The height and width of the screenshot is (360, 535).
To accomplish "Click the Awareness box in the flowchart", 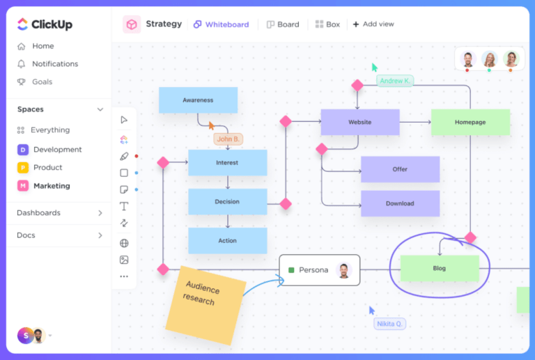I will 198,100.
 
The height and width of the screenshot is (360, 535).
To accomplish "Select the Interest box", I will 227,162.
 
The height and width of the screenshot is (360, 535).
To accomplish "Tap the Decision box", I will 227,201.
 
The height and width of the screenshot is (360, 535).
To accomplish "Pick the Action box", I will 227,240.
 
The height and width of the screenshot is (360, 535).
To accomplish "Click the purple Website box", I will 359,122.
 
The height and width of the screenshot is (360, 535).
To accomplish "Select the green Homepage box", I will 470,122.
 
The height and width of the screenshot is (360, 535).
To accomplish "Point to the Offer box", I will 400,169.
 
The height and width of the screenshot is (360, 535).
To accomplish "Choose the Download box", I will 400,203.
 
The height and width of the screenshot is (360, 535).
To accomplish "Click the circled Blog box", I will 440,268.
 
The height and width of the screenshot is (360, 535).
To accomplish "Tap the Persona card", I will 319,270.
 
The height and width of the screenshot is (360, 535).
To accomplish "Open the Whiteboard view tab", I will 221,24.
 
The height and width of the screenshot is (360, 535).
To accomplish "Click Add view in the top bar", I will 373,24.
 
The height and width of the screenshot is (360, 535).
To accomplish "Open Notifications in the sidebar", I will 54,64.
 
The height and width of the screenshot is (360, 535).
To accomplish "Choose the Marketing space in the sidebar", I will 52,186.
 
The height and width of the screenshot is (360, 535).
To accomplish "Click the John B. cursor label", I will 228,139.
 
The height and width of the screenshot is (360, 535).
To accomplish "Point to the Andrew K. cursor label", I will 395,81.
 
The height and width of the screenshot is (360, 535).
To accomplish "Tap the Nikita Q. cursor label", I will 389,324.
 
